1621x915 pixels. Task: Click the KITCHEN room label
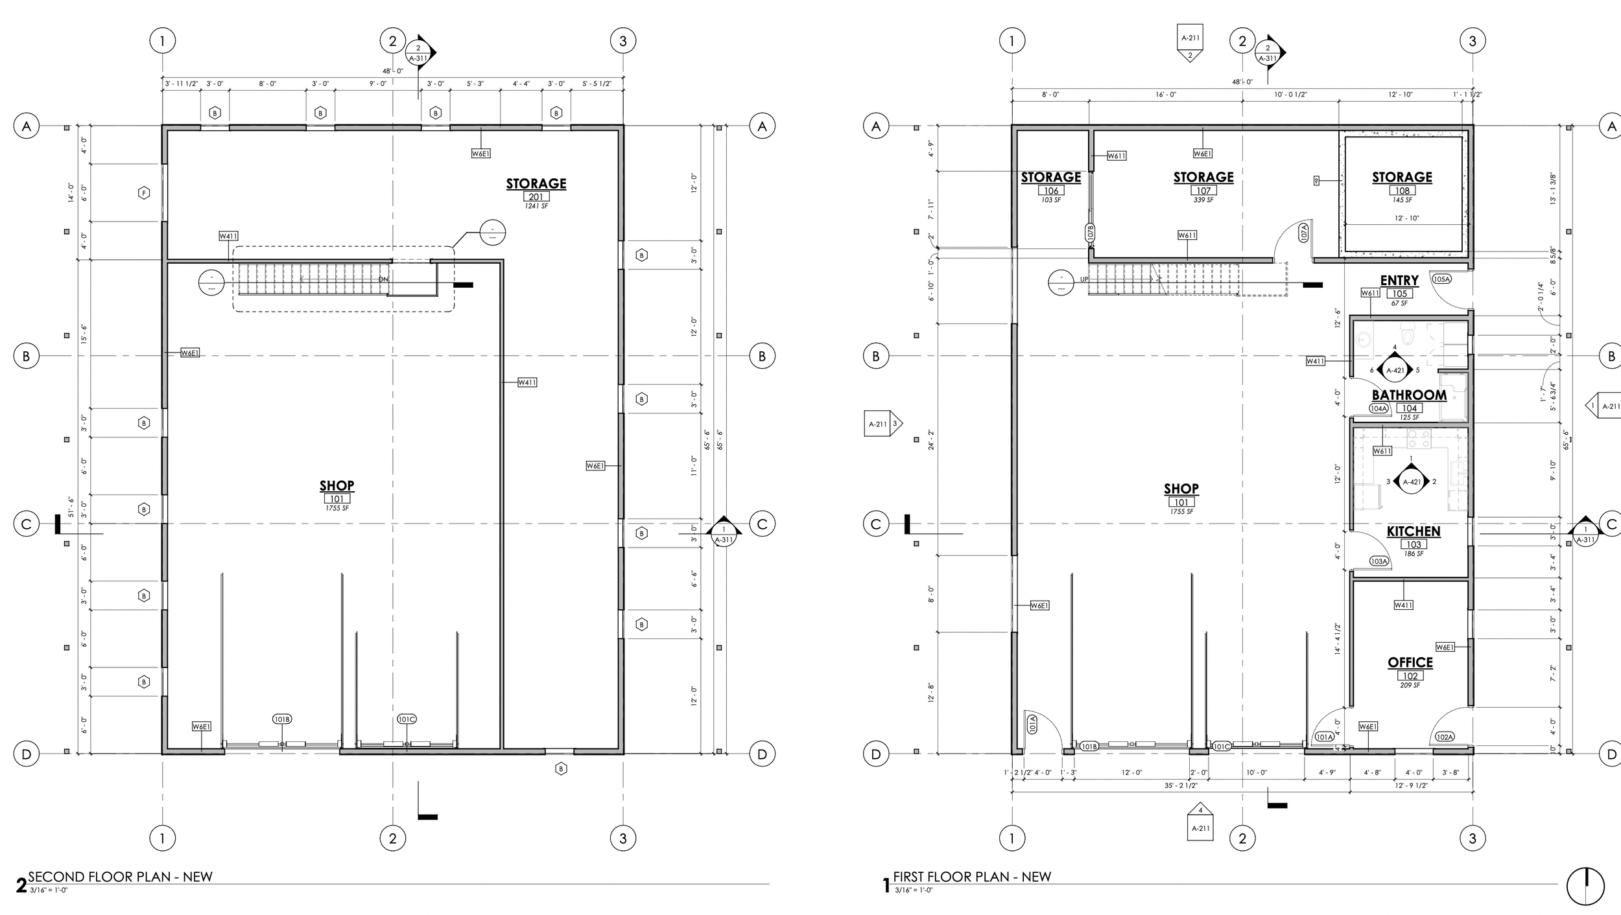pyautogui.click(x=1414, y=531)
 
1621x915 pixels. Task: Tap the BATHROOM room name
pyautogui.click(x=1409, y=395)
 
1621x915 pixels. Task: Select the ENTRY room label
pyautogui.click(x=1399, y=281)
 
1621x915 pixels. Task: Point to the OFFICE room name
pyautogui.click(x=1410, y=662)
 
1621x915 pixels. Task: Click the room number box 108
pyautogui.click(x=1402, y=191)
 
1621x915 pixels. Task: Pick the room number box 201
pyautogui.click(x=536, y=196)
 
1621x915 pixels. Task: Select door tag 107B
pyautogui.click(x=1090, y=233)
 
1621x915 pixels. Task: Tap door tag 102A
pyautogui.click(x=1445, y=737)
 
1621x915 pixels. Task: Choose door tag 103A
pyautogui.click(x=1378, y=561)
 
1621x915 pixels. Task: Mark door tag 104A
pyautogui.click(x=1378, y=409)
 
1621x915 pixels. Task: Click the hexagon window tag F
pyautogui.click(x=144, y=192)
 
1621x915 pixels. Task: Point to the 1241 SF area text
pyautogui.click(x=536, y=206)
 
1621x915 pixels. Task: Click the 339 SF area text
pyautogui.click(x=1203, y=200)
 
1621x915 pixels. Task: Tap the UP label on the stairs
pyautogui.click(x=1084, y=279)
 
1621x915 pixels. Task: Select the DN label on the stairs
pyautogui.click(x=383, y=279)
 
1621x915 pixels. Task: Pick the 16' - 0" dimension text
pyautogui.click(x=1165, y=95)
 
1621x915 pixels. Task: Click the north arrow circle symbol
pyautogui.click(x=1585, y=887)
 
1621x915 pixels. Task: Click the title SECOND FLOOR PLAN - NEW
pyautogui.click(x=121, y=877)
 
